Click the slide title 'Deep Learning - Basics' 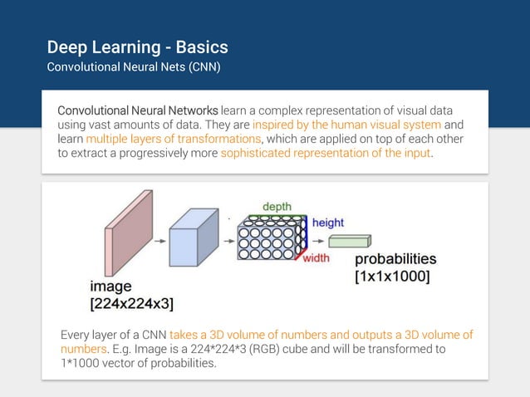[x=137, y=47]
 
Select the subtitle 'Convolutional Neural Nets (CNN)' [x=134, y=66]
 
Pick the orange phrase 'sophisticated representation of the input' [x=326, y=153]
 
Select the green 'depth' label [x=277, y=206]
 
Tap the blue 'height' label [x=327, y=223]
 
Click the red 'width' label [x=315, y=257]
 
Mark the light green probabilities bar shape [x=349, y=242]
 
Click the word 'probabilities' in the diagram [x=395, y=259]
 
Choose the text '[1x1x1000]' [x=392, y=277]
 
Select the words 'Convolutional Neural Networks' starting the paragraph [x=138, y=110]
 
